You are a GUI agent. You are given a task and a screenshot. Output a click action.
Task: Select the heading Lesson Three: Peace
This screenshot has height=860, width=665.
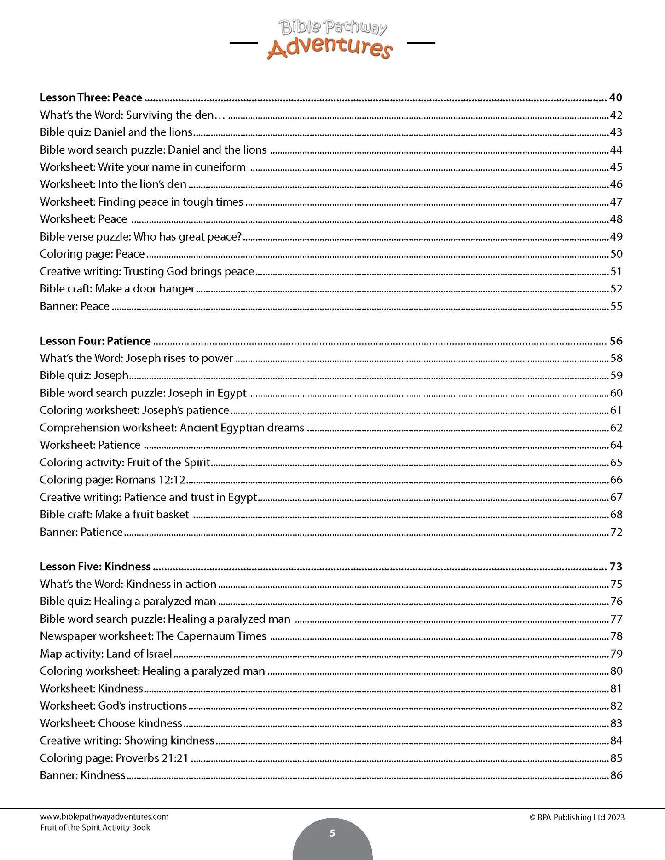click(x=91, y=97)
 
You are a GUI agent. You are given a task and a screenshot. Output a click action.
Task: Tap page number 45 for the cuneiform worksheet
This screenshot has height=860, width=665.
click(x=616, y=167)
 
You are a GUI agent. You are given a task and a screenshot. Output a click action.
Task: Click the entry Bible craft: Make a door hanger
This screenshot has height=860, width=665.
click(x=117, y=289)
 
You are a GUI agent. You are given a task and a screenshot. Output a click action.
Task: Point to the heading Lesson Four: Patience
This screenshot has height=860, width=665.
click(x=95, y=341)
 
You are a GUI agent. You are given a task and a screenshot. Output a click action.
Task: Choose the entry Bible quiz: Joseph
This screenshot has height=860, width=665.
click(x=84, y=375)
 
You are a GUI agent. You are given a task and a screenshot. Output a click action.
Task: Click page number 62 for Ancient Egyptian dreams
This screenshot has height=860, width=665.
click(x=616, y=428)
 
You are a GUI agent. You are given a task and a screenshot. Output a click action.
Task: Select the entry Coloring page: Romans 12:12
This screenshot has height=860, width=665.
click(x=113, y=480)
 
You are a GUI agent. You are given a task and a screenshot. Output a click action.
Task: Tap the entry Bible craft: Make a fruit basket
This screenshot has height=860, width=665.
click(x=115, y=515)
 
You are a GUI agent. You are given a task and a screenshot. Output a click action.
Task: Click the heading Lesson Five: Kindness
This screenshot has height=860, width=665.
click(x=95, y=567)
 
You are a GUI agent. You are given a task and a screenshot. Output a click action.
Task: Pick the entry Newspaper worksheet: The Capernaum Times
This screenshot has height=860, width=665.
click(x=153, y=636)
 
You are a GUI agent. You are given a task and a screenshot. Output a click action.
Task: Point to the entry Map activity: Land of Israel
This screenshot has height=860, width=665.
click(x=106, y=654)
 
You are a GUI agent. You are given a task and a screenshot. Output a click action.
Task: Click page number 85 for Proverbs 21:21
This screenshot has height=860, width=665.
click(x=616, y=758)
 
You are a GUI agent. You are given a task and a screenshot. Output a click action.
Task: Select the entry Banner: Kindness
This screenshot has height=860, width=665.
click(x=83, y=775)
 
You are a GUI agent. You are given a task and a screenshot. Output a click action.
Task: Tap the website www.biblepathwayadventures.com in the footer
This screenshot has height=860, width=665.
click(x=104, y=817)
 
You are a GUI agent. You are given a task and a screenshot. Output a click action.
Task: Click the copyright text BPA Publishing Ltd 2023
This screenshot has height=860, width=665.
click(x=577, y=817)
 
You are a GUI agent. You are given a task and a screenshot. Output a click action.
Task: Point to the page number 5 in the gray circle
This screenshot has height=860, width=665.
click(x=332, y=833)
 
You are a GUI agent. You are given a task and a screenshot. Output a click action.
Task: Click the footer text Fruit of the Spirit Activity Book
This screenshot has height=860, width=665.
click(x=95, y=827)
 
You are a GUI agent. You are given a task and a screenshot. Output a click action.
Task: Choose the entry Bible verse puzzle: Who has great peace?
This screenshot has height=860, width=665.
click(x=141, y=236)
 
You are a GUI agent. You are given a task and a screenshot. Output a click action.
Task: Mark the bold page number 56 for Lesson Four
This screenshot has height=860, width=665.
click(x=616, y=341)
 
